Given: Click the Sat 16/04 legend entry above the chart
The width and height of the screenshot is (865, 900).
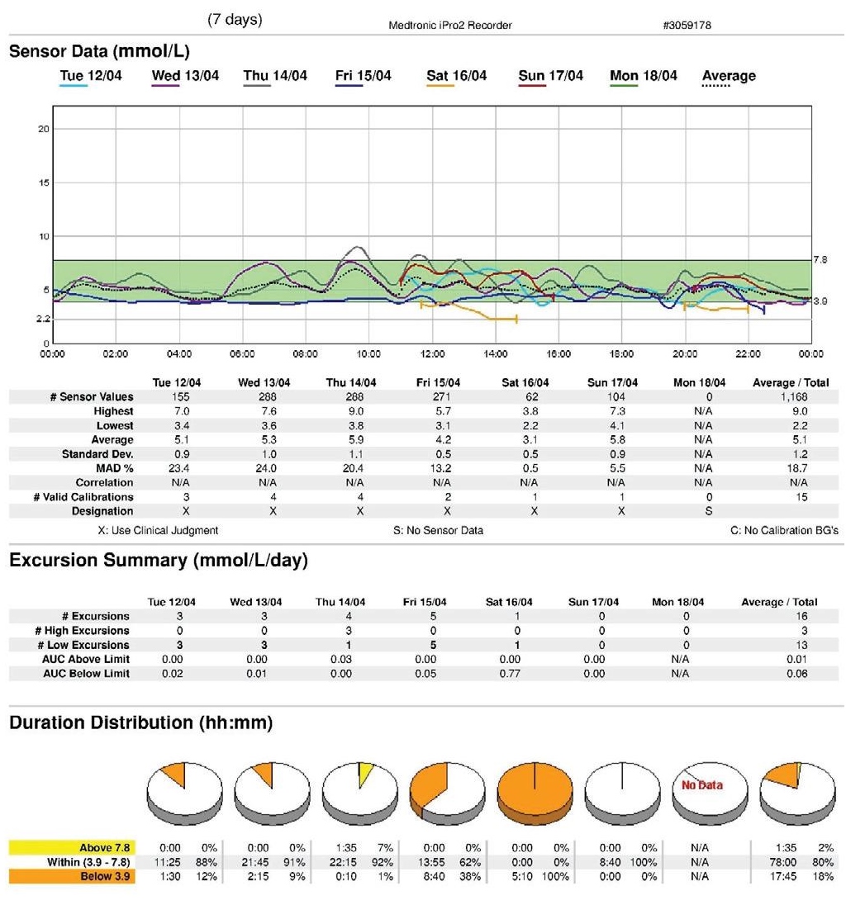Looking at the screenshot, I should click(x=456, y=76).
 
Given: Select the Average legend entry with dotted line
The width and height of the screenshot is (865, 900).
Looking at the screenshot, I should click(x=728, y=76).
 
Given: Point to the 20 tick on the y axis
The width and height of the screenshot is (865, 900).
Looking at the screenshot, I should click(x=44, y=129).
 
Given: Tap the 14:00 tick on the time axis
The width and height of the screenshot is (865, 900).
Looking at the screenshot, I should click(x=495, y=353).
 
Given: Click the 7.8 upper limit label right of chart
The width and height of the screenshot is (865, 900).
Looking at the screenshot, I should click(x=820, y=260).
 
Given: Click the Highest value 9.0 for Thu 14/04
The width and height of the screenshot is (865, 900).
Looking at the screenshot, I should click(x=356, y=411).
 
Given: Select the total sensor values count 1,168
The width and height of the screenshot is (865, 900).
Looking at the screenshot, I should click(x=790, y=397).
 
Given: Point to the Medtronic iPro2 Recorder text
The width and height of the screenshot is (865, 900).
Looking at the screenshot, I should click(x=449, y=26).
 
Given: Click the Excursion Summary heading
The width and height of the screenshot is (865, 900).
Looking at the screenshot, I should click(x=158, y=561).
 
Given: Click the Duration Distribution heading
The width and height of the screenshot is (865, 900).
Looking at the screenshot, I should click(x=141, y=722).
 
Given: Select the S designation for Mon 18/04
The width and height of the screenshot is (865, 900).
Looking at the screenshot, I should click(x=700, y=512).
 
